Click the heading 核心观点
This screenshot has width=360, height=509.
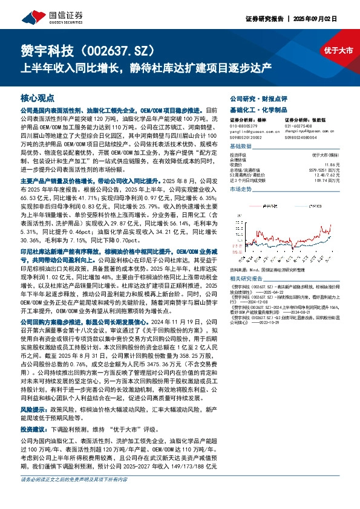pyautogui.click(x=38, y=98)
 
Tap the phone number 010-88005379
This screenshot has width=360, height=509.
pyautogui.click(x=244, y=126)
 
